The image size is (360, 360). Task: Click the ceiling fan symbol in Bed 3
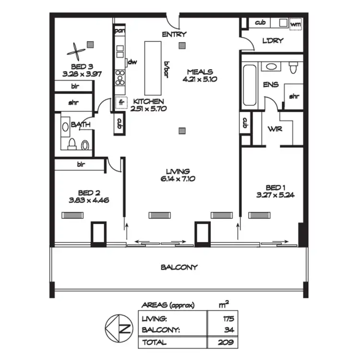pyautogui.click(x=75, y=50)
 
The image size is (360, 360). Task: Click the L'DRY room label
pyautogui.click(x=274, y=42)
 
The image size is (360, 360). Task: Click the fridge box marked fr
pyautogui.click(x=120, y=102)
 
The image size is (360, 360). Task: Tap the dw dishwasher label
pyautogui.click(x=132, y=62)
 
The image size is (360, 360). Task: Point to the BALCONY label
pyautogui.click(x=179, y=267)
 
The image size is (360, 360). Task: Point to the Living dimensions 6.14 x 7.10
pyautogui.click(x=178, y=179)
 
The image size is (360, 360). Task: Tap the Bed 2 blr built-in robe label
pyautogui.click(x=81, y=164)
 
